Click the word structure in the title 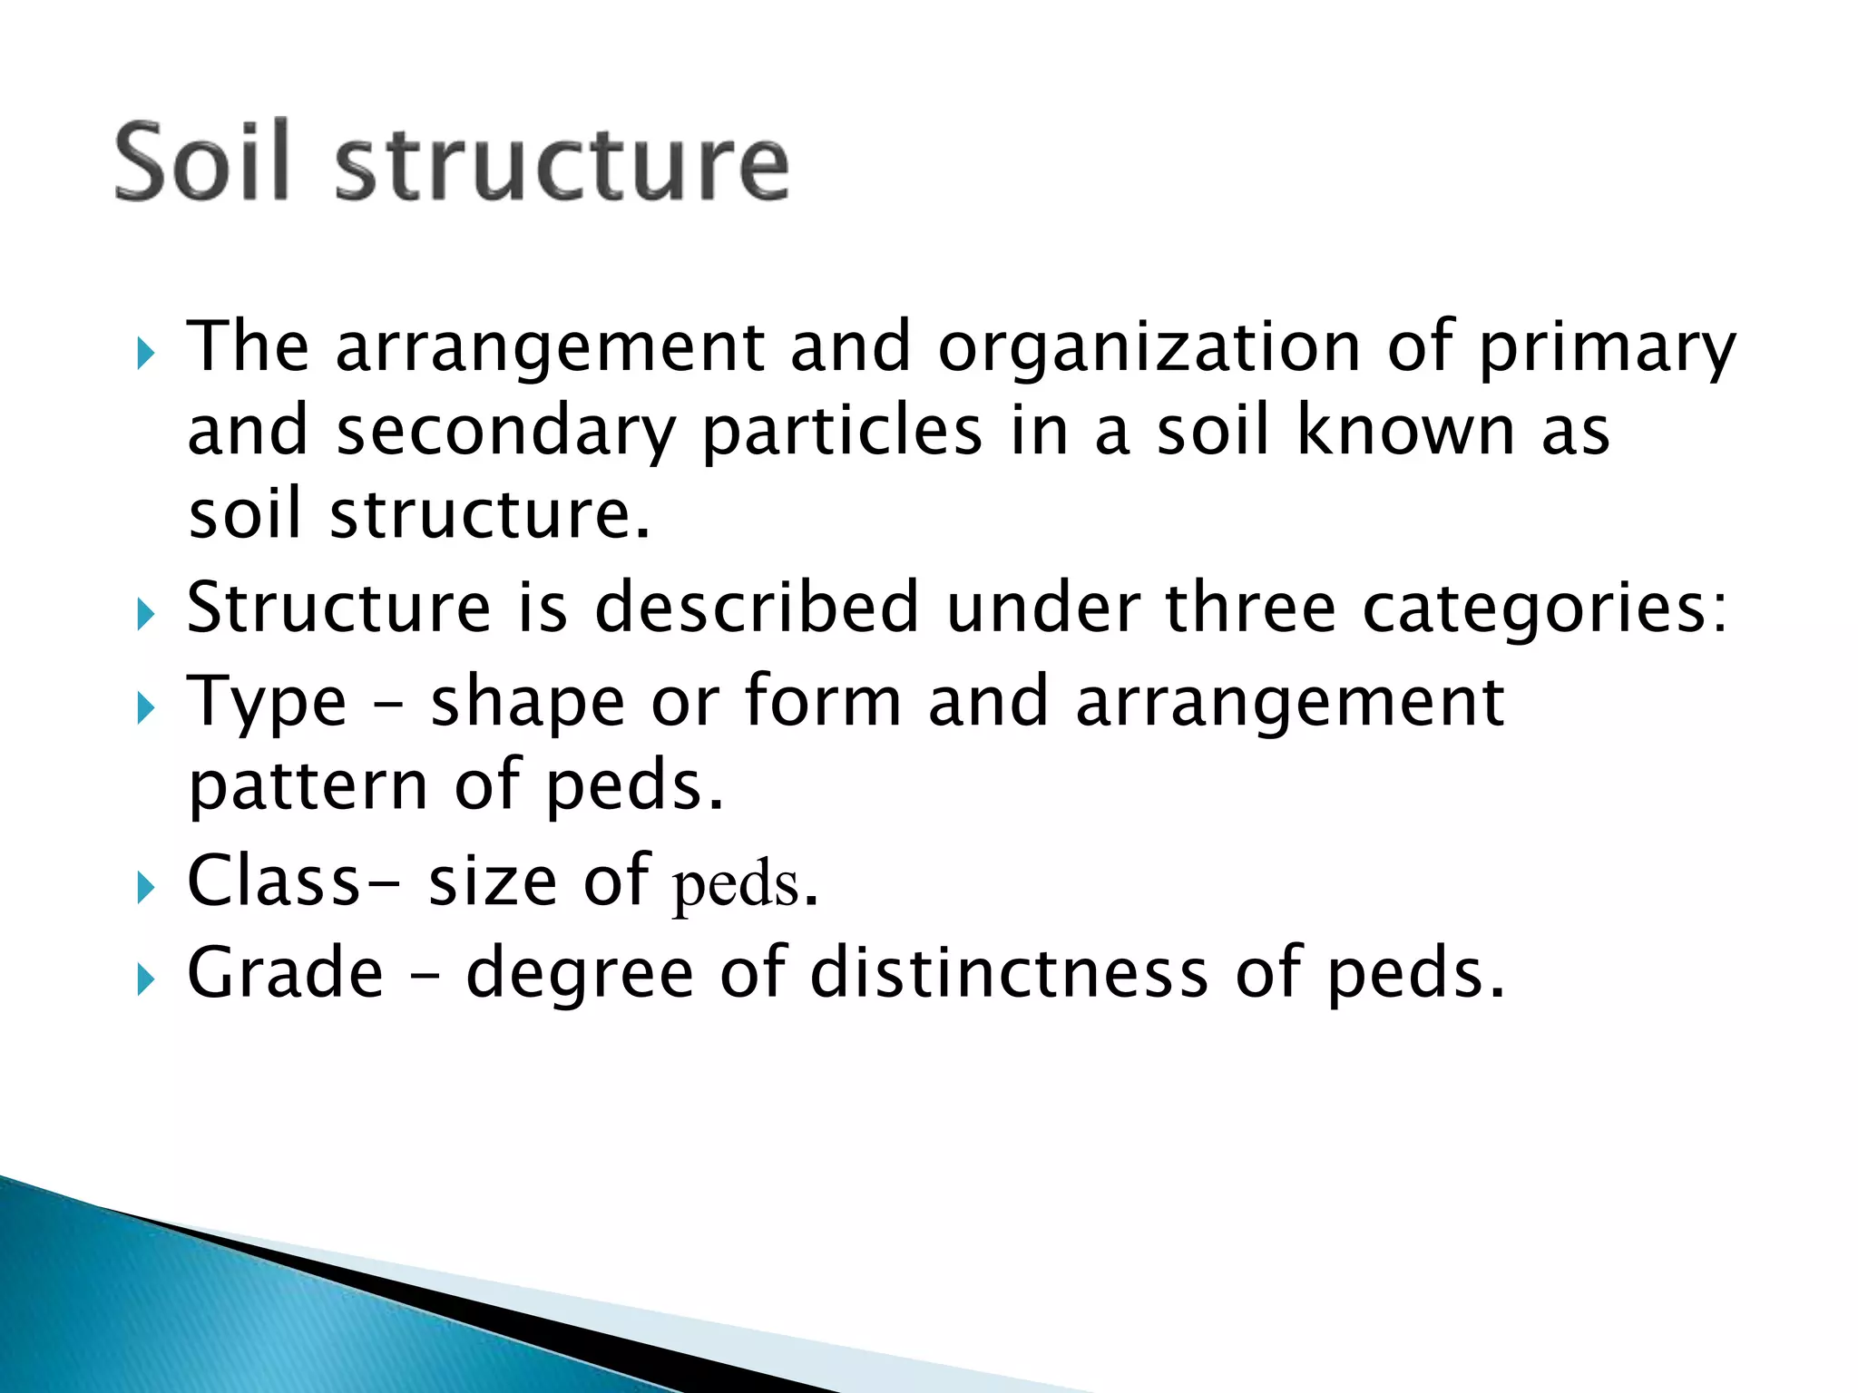[562, 163]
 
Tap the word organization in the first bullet [1149, 346]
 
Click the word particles [842, 432]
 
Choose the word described [757, 607]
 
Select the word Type [267, 703]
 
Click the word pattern [308, 785]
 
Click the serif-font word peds [735, 884]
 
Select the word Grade [285, 972]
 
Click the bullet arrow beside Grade [145, 979]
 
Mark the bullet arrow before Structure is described [145, 615]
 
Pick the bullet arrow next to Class [145, 888]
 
